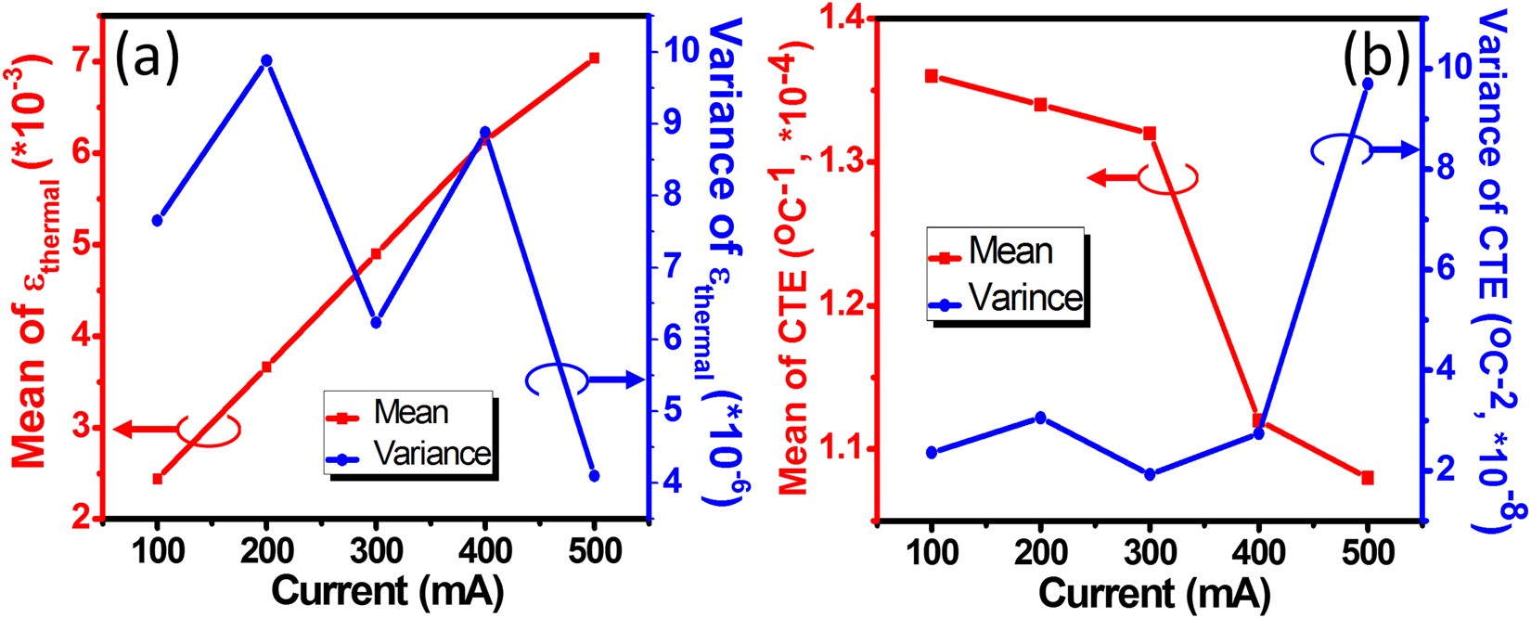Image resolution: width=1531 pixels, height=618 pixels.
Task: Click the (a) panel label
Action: [x=146, y=58]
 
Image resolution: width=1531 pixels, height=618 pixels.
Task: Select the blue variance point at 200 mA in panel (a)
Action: [x=266, y=60]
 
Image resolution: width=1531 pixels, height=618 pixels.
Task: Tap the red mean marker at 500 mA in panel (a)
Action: [x=595, y=58]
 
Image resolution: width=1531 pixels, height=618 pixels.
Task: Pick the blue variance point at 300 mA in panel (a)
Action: [x=376, y=322]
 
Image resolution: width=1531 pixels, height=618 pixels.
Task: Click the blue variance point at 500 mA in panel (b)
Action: [x=1367, y=84]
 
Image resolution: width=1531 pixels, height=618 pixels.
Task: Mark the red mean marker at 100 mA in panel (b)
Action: [x=932, y=76]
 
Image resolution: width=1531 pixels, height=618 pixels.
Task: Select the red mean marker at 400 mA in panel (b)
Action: [x=1258, y=420]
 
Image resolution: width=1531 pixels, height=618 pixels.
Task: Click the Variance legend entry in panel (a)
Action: [x=431, y=453]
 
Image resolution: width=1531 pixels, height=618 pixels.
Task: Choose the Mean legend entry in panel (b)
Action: [x=1010, y=252]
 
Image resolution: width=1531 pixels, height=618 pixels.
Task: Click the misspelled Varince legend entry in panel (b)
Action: [x=1024, y=297]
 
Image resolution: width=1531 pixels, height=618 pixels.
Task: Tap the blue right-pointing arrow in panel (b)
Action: [x=1394, y=149]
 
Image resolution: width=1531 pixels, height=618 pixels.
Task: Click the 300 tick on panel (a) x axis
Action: [x=376, y=551]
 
